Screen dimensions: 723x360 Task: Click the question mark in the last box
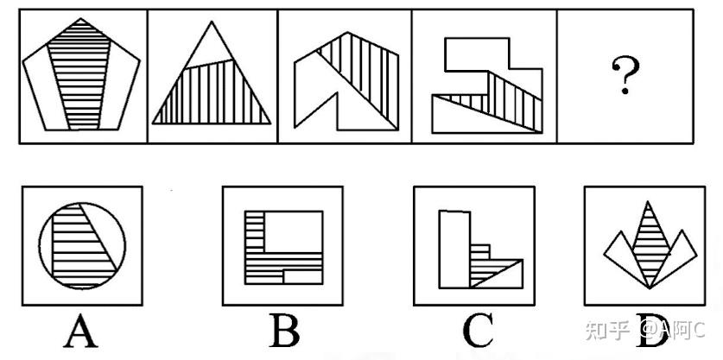pyautogui.click(x=625, y=75)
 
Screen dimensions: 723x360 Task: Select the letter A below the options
pyautogui.click(x=81, y=331)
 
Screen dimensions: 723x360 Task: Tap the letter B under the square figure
pyautogui.click(x=284, y=330)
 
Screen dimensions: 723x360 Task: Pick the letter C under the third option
pyautogui.click(x=478, y=331)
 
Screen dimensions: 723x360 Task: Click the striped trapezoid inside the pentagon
pyautogui.click(x=80, y=79)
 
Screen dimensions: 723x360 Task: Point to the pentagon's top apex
pyautogui.click(x=80, y=18)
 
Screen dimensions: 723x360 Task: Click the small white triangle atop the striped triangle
pyautogui.click(x=208, y=46)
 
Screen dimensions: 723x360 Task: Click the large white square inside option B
pyautogui.click(x=293, y=232)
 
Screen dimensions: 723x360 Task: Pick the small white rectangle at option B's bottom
pyautogui.click(x=302, y=276)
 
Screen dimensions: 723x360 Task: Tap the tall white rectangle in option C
pyautogui.click(x=454, y=249)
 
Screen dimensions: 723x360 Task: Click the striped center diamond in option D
pyautogui.click(x=649, y=244)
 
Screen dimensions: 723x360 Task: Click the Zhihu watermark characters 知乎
pyautogui.click(x=608, y=330)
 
